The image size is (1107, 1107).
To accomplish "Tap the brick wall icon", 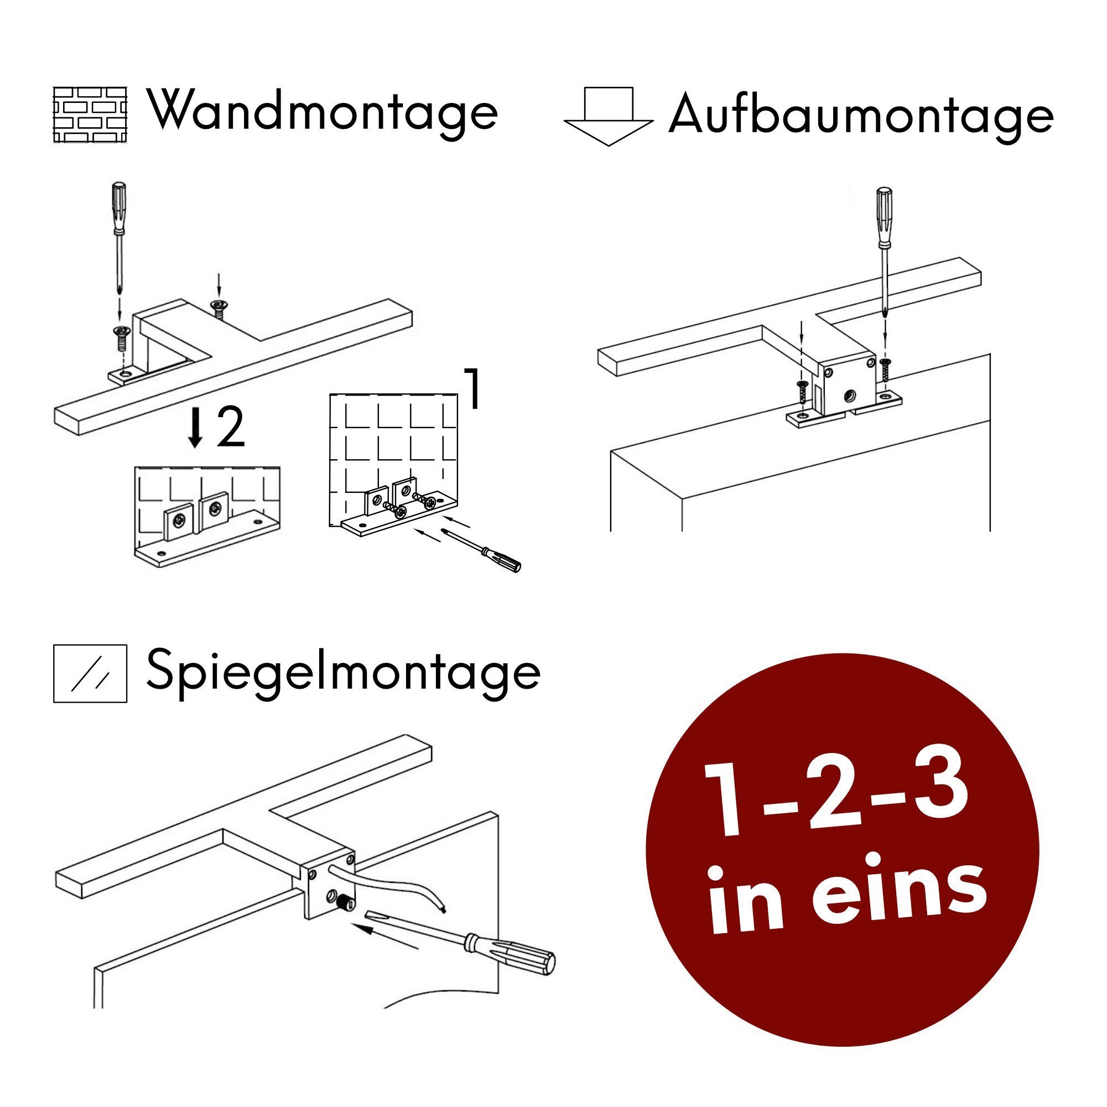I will click(90, 115).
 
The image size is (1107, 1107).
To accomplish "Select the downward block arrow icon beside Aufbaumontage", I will click(609, 116).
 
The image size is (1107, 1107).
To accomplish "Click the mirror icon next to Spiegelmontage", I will click(90, 673).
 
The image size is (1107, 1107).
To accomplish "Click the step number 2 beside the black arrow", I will click(230, 428).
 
